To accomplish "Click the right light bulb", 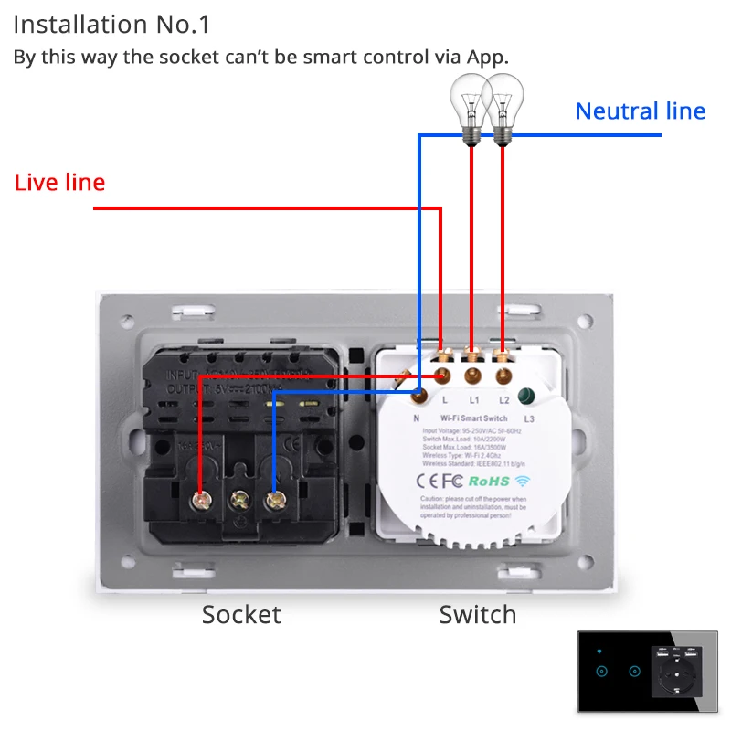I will [502, 105].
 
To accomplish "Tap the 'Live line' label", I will [59, 183].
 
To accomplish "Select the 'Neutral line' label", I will [640, 111].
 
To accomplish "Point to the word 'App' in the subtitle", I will [486, 57].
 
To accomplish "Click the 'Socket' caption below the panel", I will [241, 615].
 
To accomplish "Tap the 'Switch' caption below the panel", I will [477, 615].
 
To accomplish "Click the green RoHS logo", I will [489, 480].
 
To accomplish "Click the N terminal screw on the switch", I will [418, 395].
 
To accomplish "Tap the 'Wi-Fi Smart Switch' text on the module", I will [474, 418].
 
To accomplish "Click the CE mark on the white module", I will [428, 480].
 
